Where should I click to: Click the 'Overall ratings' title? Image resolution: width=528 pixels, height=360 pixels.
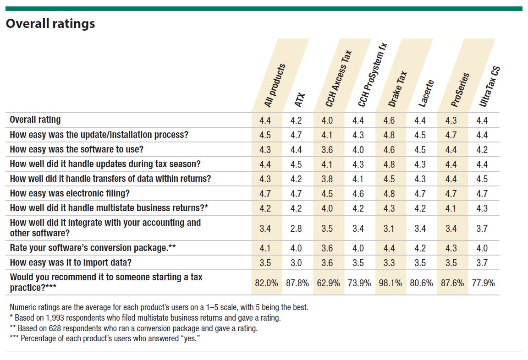click(50, 24)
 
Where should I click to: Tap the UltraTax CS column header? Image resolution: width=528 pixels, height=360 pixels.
click(489, 87)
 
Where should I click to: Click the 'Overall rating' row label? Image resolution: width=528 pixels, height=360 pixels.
click(35, 120)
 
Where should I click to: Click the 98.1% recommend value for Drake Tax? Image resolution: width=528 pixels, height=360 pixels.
click(390, 283)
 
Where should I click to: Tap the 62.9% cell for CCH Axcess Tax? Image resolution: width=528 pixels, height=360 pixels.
click(328, 283)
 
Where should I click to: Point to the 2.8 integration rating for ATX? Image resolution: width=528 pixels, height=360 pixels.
click(296, 228)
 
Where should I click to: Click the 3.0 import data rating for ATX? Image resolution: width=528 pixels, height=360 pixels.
click(296, 263)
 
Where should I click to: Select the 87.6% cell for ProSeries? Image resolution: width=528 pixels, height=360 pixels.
click(451, 283)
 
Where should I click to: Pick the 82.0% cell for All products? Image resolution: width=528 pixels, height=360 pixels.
click(266, 283)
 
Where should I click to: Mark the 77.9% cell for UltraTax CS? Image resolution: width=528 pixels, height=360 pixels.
click(483, 283)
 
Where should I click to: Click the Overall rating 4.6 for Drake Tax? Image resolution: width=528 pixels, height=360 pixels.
click(389, 120)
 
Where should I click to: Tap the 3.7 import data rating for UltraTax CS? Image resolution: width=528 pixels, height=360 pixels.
click(482, 263)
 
